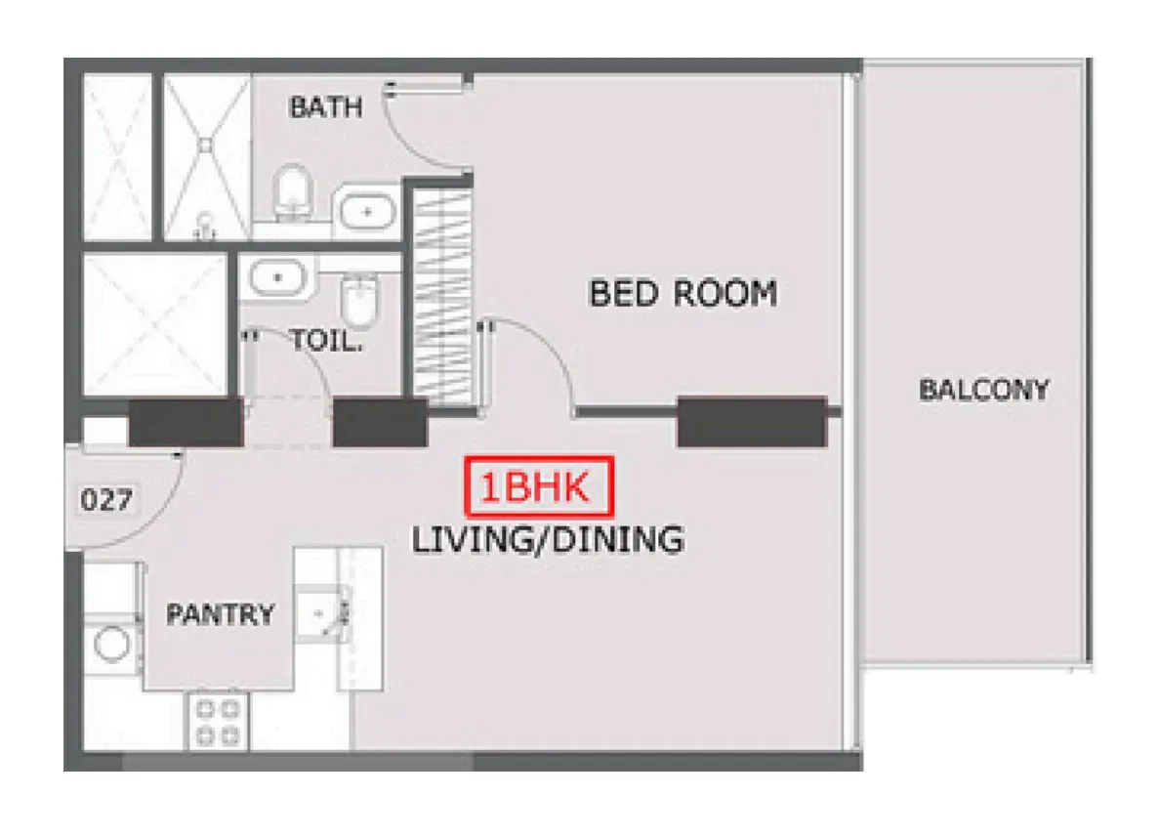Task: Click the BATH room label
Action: (x=326, y=108)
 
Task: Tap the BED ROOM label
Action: (x=683, y=294)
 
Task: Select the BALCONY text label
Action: (x=984, y=390)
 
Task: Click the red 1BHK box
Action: (x=539, y=486)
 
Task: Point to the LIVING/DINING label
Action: (x=548, y=540)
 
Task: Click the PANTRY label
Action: (x=221, y=614)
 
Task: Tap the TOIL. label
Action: (x=327, y=341)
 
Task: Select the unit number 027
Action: (x=106, y=500)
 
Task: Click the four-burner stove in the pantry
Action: (x=218, y=722)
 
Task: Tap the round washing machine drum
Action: (x=111, y=643)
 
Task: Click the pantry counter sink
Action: (x=321, y=613)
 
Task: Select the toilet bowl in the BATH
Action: (x=293, y=191)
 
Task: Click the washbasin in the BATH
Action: (x=366, y=212)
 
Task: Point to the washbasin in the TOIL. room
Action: (x=277, y=278)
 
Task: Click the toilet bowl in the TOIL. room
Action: (x=360, y=300)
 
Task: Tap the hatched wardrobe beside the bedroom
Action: (x=442, y=297)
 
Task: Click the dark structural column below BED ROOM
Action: (x=752, y=422)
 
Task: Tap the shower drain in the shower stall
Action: (x=206, y=146)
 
